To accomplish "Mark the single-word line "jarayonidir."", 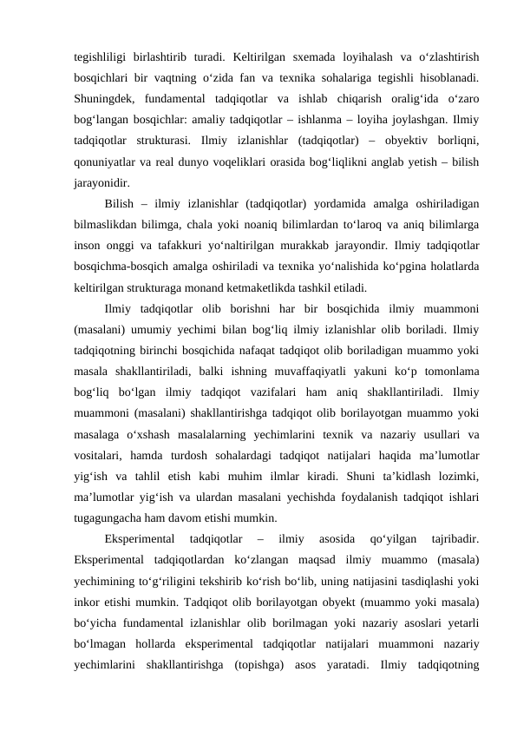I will [103, 181].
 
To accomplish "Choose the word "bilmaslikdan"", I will [108, 227].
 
